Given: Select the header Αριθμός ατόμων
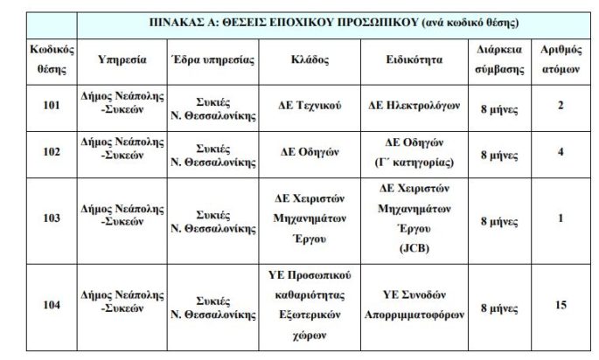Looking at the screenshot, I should click(560, 59).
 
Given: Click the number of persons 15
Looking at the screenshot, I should click(560, 306).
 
